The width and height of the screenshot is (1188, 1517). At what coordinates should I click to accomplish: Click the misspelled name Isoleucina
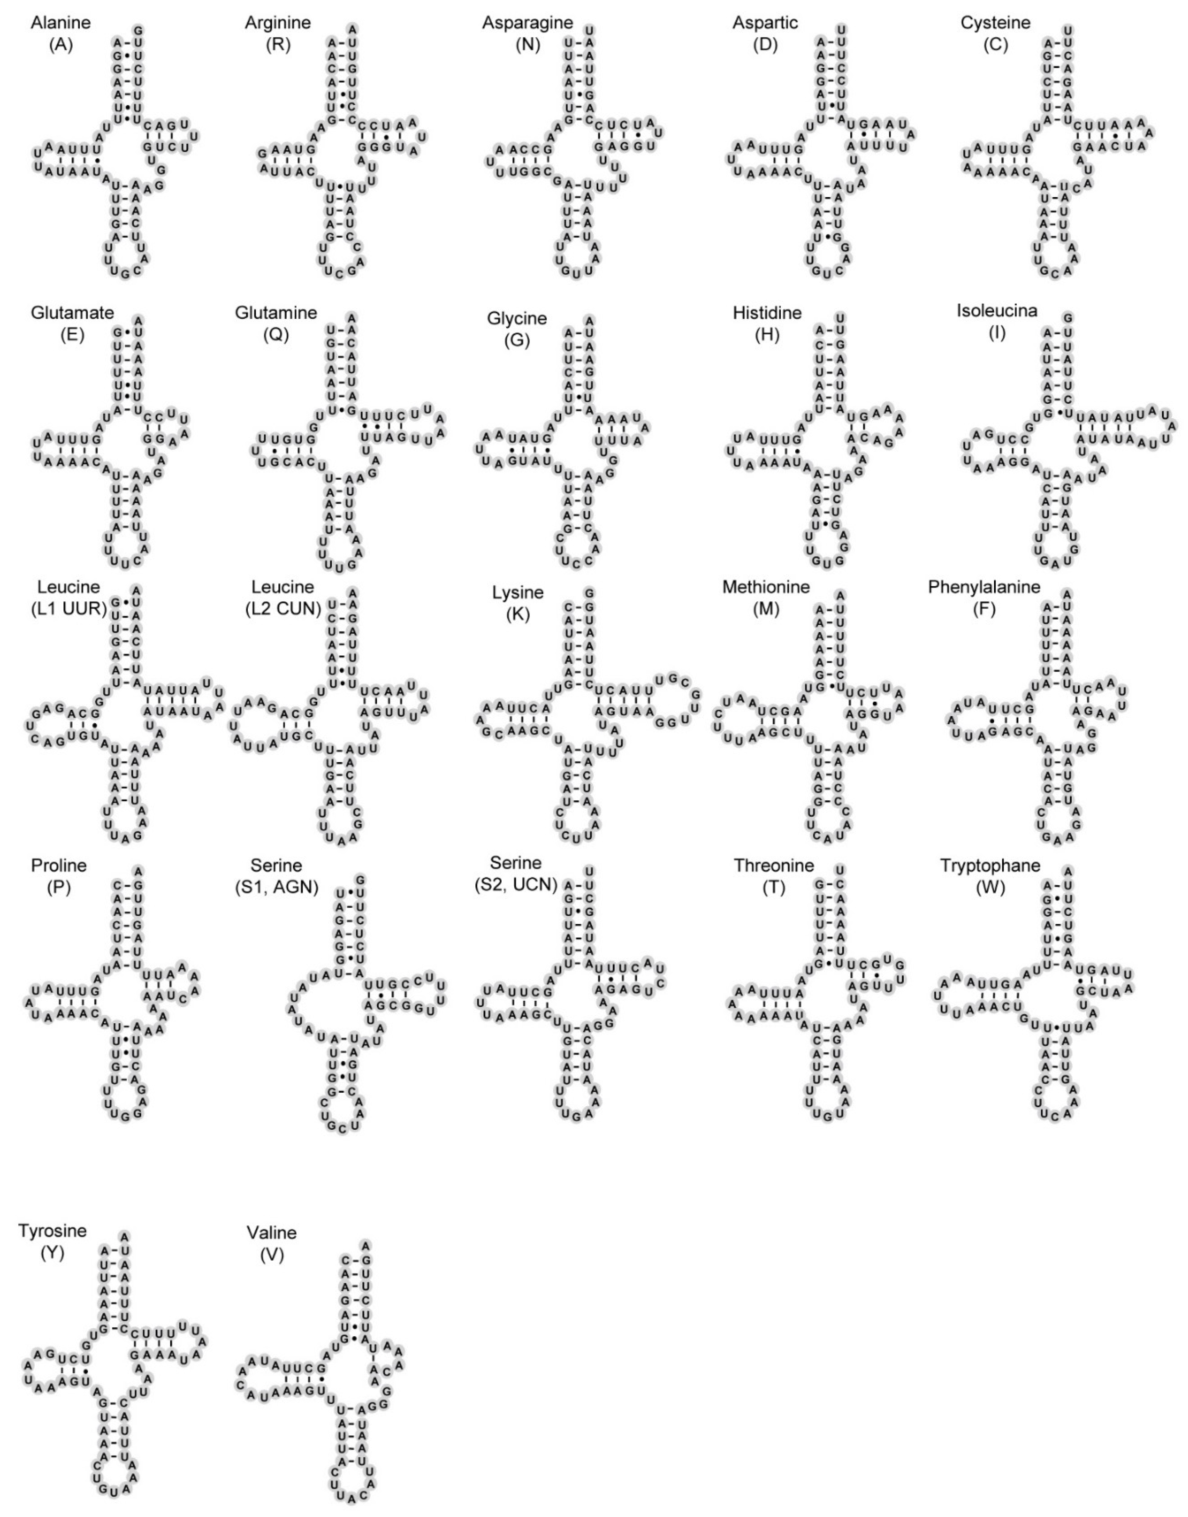pos(997,311)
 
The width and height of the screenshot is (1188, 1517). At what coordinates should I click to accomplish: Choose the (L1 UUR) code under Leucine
pos(68,609)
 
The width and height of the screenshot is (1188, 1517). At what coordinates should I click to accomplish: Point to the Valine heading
pos(271,1233)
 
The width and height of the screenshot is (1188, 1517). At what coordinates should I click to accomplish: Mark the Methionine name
pos(766,587)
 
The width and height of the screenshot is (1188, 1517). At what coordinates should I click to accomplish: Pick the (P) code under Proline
pos(58,887)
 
